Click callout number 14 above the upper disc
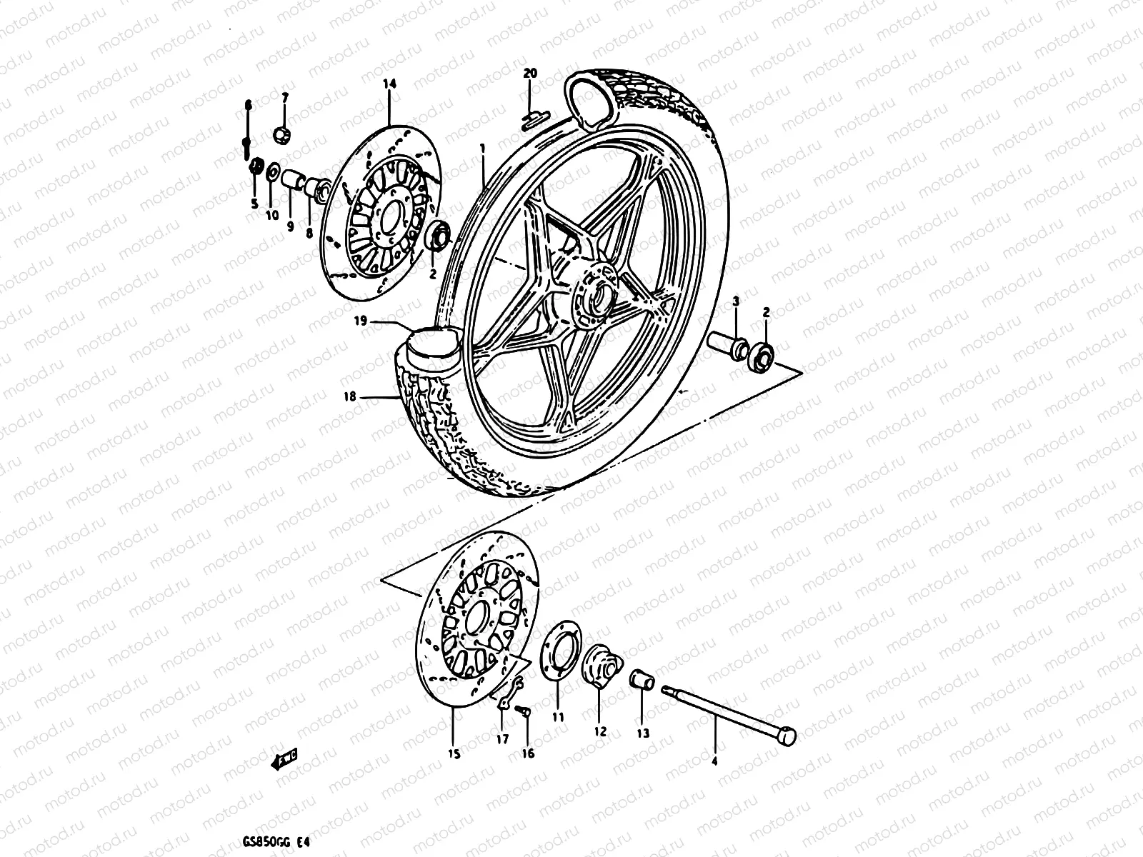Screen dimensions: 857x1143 tap(389, 84)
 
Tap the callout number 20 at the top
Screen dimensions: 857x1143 tap(529, 74)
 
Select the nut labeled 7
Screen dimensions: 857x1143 tap(301, 134)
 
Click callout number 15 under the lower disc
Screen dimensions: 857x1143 tap(454, 753)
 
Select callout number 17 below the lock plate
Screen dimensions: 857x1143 tap(502, 739)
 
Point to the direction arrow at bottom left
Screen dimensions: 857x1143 tap(285, 761)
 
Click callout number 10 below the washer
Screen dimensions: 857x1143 tap(271, 216)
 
